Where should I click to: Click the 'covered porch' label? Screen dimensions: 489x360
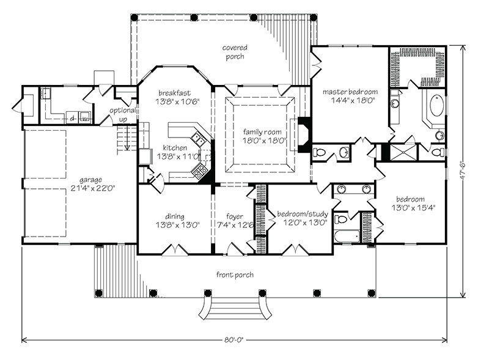click(x=233, y=52)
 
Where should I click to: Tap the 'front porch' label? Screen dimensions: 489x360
click(x=235, y=275)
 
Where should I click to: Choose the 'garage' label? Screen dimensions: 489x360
click(x=90, y=180)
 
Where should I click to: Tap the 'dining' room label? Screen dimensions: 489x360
click(x=175, y=216)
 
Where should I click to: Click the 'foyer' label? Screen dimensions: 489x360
click(x=235, y=216)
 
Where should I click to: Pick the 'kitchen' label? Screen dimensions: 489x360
click(x=175, y=148)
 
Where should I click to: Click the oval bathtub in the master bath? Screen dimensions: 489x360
click(x=436, y=105)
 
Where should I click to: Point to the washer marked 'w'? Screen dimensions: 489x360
click(x=85, y=116)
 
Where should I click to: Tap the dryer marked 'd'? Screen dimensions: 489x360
click(x=72, y=116)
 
